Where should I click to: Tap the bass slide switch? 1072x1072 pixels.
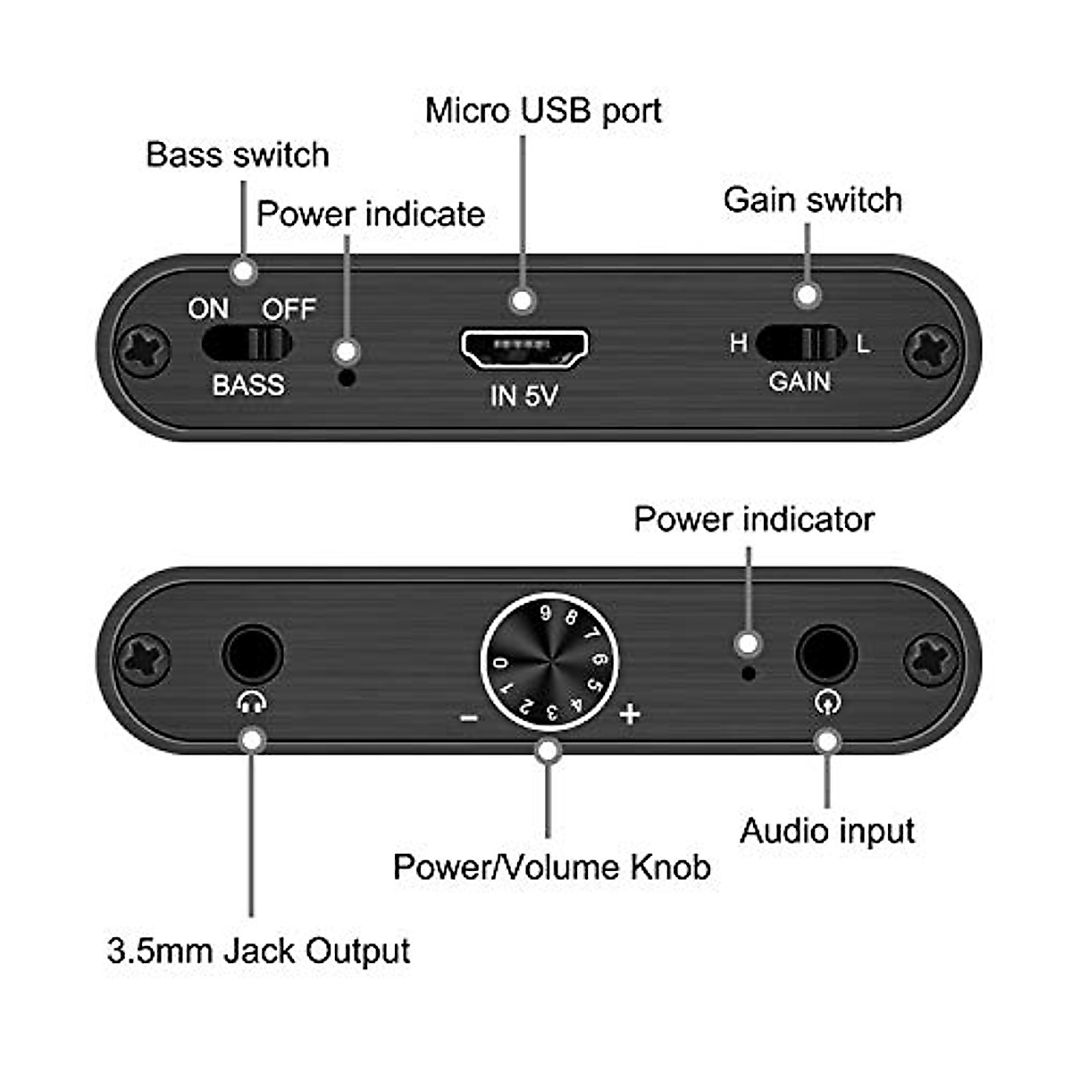[x=247, y=342]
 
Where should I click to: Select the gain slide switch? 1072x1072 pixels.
[x=800, y=342]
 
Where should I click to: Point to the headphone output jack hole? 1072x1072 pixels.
[x=252, y=654]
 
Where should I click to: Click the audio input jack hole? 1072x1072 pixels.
[x=826, y=656]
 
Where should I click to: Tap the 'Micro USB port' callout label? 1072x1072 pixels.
[x=543, y=111]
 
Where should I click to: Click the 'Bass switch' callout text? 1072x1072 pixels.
[x=238, y=155]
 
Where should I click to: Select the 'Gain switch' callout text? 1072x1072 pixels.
[x=812, y=199]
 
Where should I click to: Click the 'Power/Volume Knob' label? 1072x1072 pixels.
[x=551, y=867]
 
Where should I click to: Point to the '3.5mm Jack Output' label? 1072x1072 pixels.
[x=258, y=951]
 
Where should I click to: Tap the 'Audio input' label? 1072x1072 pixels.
[x=827, y=831]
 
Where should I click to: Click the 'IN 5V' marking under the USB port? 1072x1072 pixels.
[x=523, y=395]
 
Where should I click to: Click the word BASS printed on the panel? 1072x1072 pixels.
[x=248, y=385]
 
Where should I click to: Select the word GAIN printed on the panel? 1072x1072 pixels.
[x=800, y=381]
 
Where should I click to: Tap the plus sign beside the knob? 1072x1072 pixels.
[x=630, y=714]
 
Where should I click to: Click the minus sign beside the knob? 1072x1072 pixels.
[x=468, y=716]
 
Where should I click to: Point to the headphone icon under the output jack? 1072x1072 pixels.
[x=252, y=703]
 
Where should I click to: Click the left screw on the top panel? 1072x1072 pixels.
[x=145, y=350]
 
